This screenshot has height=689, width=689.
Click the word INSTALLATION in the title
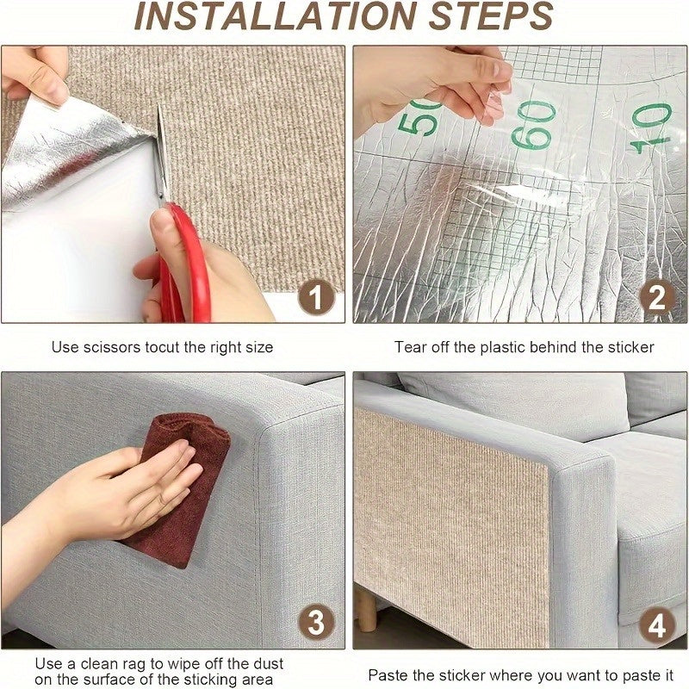(x=276, y=16)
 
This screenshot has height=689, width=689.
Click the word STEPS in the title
(x=491, y=16)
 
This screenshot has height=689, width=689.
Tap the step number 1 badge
(x=316, y=297)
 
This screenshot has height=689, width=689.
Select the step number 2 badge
(x=656, y=297)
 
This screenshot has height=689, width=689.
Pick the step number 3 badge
(x=316, y=622)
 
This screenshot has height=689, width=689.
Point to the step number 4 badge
(x=656, y=624)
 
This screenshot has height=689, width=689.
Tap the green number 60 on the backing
(x=533, y=125)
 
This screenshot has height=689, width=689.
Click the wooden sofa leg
(x=366, y=607)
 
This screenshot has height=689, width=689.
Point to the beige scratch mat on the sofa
(x=450, y=527)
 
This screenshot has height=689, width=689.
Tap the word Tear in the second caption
(x=410, y=348)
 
